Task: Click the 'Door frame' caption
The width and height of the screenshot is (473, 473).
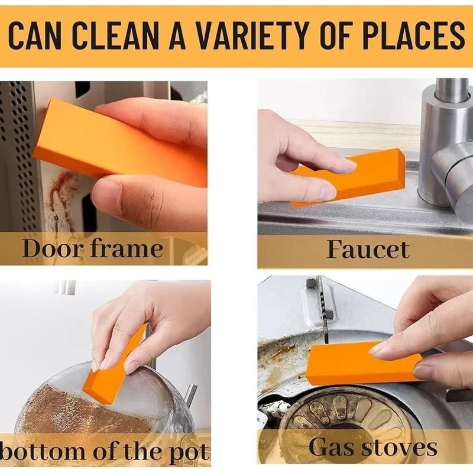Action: [x=92, y=248]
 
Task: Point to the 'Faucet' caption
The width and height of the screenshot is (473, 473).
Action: [x=368, y=249]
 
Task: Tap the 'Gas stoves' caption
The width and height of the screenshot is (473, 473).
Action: [x=372, y=448]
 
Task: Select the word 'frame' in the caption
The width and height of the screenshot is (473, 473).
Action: [x=127, y=248]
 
